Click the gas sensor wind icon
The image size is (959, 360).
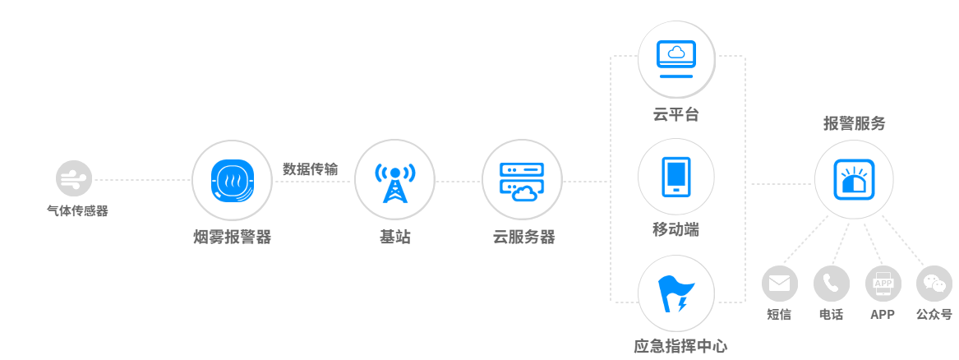pos(74,178)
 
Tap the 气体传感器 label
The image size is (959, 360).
pos(77,211)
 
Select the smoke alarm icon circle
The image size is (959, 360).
pos(232,179)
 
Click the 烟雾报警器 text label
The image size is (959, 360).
pos(232,238)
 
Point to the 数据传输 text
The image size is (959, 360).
pos(311,168)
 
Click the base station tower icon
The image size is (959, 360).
pos(394,179)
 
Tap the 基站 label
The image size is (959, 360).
pos(394,238)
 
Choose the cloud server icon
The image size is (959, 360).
pos(522,179)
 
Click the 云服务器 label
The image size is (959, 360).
pos(523,238)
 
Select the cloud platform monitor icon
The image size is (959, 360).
pos(676,58)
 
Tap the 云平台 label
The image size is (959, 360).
pos(676,115)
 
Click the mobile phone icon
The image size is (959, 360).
pos(676,177)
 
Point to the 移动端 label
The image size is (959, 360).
pos(676,230)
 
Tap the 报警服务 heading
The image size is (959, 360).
pos(855,124)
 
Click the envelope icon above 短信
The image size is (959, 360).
pos(779,284)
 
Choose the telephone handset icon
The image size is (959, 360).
pos(831,284)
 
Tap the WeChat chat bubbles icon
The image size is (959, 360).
pos(934,284)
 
